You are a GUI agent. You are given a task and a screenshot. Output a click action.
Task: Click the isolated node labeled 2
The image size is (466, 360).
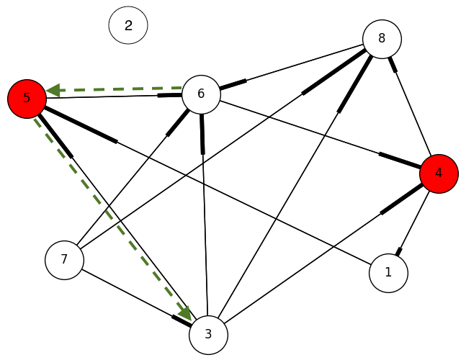click(x=128, y=25)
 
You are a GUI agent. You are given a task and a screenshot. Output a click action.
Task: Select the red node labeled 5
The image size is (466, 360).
click(x=27, y=98)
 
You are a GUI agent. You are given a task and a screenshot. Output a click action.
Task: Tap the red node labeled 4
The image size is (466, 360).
click(x=439, y=174)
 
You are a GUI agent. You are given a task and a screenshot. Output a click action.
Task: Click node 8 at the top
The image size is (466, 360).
click(x=382, y=39)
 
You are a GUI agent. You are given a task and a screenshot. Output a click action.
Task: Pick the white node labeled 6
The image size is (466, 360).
click(x=201, y=94)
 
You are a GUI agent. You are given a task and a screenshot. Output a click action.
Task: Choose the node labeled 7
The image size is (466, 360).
click(x=64, y=259)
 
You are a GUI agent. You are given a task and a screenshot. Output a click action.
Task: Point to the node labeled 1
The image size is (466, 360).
click(x=388, y=274)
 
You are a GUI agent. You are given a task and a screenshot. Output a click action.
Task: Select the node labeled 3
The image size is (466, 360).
click(x=208, y=335)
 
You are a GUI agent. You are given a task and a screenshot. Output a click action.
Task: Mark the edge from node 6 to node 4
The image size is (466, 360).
click(x=317, y=132)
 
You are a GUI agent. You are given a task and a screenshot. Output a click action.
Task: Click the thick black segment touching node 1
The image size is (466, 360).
click(x=398, y=251)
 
